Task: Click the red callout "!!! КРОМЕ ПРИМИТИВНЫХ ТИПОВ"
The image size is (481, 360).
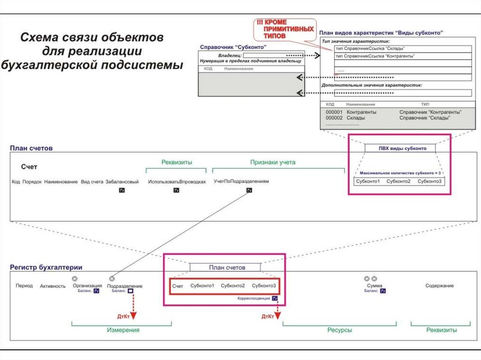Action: pos(284,29)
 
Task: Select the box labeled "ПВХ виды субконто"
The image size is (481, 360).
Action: pos(400,148)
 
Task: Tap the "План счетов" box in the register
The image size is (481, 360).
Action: pos(225,267)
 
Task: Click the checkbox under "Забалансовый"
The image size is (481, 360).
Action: pos(122,191)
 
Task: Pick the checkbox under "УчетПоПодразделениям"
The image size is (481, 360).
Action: pos(249,191)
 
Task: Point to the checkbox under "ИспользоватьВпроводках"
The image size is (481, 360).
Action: pos(176,191)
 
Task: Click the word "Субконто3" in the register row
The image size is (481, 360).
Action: pos(264,285)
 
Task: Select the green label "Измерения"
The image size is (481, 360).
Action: pos(123,330)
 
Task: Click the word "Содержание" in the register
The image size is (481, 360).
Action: pos(439,285)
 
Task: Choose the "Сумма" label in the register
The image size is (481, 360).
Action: pos(374,286)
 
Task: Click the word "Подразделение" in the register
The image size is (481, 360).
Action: pos(124,286)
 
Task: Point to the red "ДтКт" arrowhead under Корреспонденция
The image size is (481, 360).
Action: pos(278,316)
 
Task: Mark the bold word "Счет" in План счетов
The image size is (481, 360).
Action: pos(29,167)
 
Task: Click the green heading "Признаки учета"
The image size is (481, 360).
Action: pos(272,162)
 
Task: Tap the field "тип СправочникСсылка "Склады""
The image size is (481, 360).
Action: pos(403,49)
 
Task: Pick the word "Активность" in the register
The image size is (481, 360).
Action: pos(53,286)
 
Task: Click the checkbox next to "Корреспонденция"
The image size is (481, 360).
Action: pos(274,298)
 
